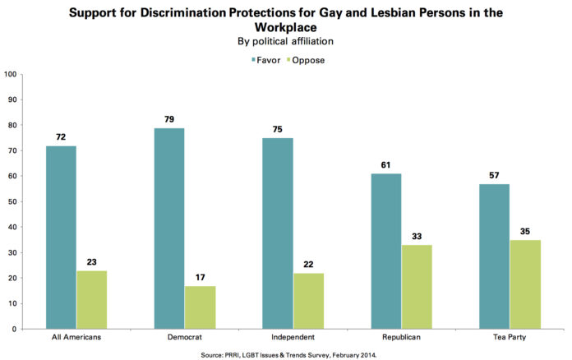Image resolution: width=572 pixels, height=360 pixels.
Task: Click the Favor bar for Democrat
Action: click(x=169, y=228)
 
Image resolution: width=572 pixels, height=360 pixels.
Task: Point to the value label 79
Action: click(x=169, y=120)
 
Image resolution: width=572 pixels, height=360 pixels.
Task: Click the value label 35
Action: click(x=525, y=232)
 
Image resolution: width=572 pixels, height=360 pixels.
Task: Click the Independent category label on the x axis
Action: click(x=293, y=338)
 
